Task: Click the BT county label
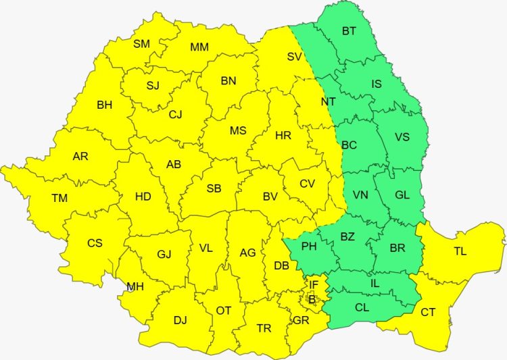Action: pos(349,30)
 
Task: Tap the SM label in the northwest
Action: pos(141,44)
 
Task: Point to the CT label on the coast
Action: pos(428,312)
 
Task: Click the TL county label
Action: pos(460,251)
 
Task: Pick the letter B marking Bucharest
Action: pos(312,298)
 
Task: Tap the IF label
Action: pos(313,284)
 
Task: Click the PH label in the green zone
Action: pos(309,247)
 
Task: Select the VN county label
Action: pos(360,195)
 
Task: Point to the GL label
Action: pos(402,195)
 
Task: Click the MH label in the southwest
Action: pos(135,286)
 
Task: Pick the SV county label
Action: pos(294,57)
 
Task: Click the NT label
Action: pos(329,102)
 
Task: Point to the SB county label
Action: pos(214,188)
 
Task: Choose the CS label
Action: pos(95,242)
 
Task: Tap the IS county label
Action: pos(377,84)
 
